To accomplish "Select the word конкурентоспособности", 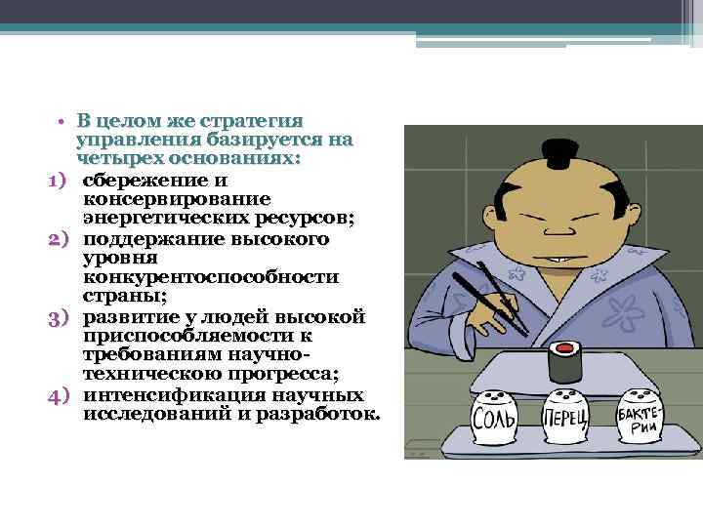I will click(x=211, y=277).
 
